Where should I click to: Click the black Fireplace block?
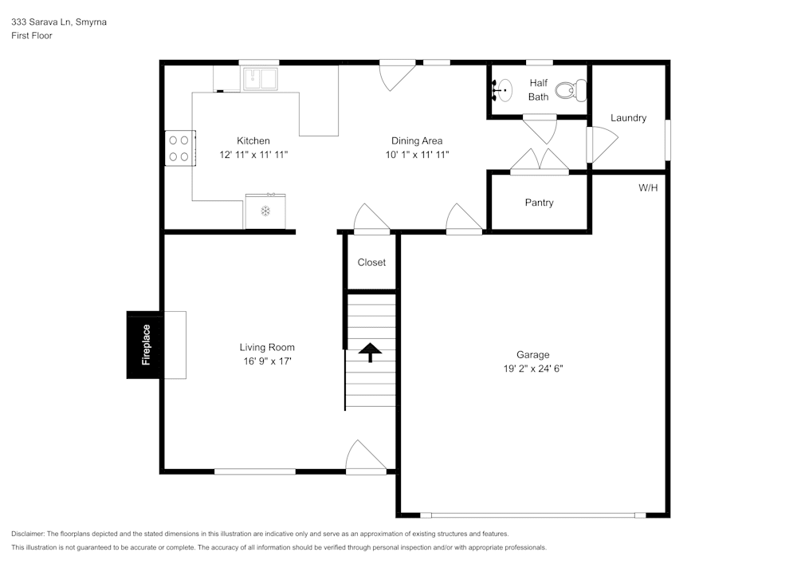tap(144, 345)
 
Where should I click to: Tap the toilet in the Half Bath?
tap(571, 91)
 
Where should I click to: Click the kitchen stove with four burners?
tap(179, 148)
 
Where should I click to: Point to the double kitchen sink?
tap(260, 79)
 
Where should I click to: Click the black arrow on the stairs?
tap(371, 352)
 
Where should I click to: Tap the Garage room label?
tap(532, 355)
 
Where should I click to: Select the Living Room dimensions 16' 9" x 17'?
tap(267, 361)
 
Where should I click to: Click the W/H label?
tap(648, 188)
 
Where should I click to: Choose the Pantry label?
tap(539, 203)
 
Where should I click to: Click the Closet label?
tap(371, 262)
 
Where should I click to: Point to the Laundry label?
tap(628, 118)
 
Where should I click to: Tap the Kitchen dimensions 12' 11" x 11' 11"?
tap(253, 155)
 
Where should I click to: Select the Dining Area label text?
tap(416, 141)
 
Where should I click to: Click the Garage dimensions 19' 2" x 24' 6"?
tap(532, 369)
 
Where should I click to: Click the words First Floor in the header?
tap(32, 36)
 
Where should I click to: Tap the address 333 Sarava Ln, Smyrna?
tap(59, 22)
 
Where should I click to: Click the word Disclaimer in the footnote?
tap(29, 534)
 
